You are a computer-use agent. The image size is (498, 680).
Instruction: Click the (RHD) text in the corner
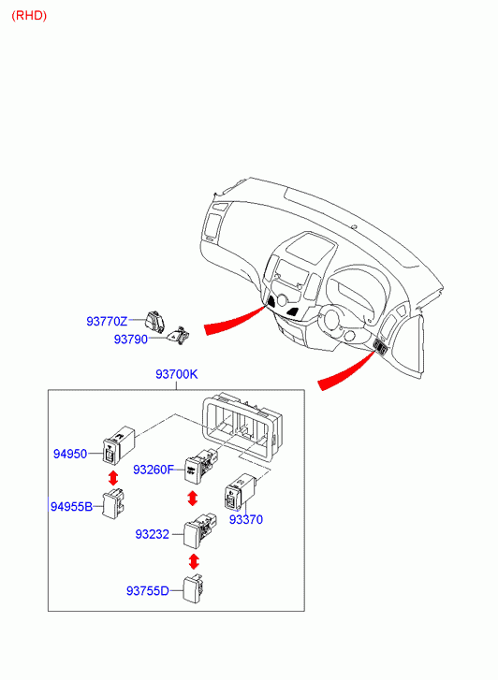coord(29,16)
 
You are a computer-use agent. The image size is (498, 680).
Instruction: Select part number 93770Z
coord(107,322)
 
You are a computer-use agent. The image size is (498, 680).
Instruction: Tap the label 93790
coord(131,340)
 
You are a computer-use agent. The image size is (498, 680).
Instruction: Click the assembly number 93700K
coord(177,374)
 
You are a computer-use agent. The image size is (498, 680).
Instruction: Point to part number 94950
coord(70,454)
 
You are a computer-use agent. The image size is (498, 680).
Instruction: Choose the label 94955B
coord(72,506)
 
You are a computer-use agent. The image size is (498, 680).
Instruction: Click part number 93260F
coord(154,470)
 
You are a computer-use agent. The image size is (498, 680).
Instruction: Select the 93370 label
coord(246,519)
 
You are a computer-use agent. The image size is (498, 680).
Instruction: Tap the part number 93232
coord(152,534)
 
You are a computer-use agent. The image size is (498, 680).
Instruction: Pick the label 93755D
coord(148,590)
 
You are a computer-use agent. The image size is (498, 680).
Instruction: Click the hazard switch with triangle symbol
coord(178,335)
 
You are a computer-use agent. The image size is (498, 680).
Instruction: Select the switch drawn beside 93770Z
coord(155,321)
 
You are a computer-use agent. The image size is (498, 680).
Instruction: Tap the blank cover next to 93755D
coord(194,588)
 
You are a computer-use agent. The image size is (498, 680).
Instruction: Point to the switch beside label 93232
coord(199,531)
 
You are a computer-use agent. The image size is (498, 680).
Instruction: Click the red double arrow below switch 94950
coord(113,478)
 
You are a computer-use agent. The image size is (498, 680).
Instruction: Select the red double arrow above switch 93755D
coord(194,561)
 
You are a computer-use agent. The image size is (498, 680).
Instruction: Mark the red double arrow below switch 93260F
coord(192,498)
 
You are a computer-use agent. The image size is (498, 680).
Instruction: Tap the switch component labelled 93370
coord(239,491)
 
